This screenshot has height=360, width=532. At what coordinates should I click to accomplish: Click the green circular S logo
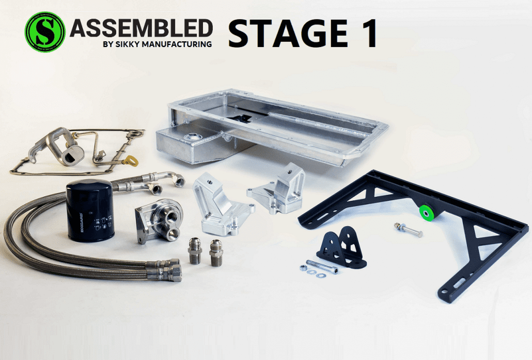(x=45, y=32)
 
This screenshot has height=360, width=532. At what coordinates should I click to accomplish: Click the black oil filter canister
(x=90, y=211)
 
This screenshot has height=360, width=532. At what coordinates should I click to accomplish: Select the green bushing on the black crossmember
(x=427, y=211)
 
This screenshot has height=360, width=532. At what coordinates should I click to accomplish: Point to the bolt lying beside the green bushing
(x=408, y=229)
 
